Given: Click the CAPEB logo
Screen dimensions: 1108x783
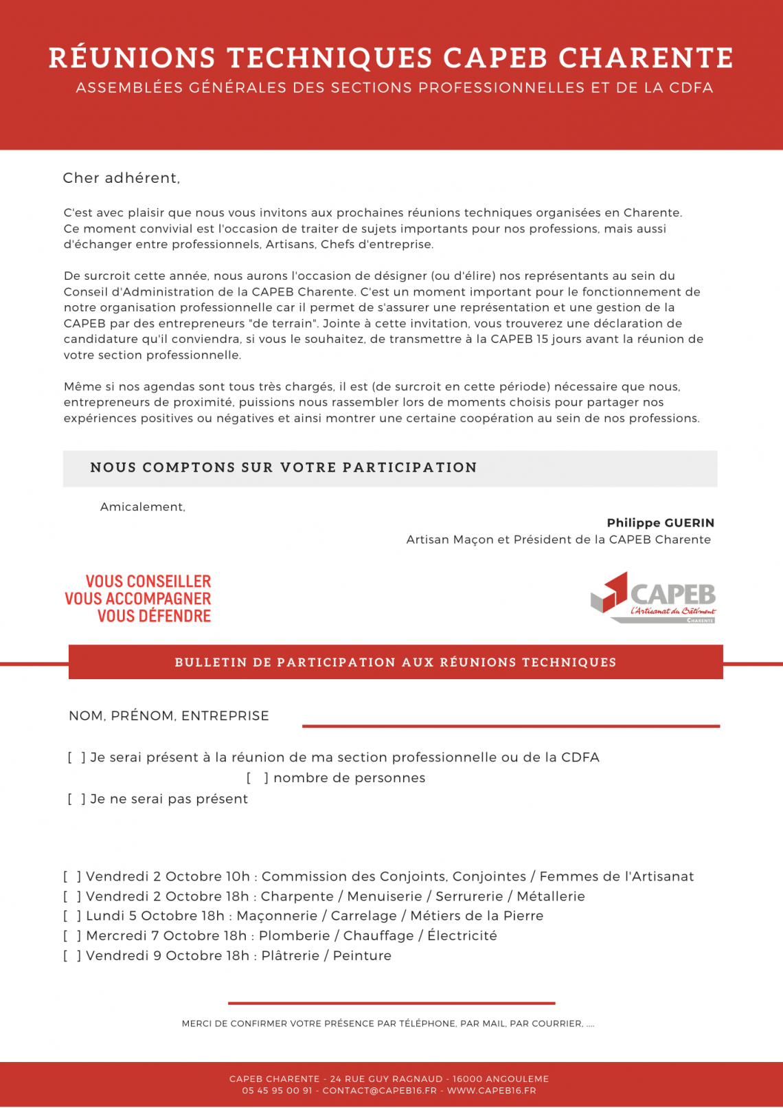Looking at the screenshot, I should pos(653,597).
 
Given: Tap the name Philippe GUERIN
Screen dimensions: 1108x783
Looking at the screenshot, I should pos(660,523).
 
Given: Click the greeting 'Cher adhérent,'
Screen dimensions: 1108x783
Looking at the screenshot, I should pos(122,178).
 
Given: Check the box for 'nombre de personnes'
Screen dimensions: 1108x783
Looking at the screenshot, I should pos(258,778).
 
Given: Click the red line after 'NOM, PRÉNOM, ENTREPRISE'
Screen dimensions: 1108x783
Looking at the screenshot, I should pos(511,726).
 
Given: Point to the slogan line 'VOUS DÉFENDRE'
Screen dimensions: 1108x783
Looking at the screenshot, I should pos(154,617).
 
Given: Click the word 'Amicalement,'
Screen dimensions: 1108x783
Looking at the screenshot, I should pos(143,507).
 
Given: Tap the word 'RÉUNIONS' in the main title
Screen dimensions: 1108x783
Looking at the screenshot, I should pos(133,58).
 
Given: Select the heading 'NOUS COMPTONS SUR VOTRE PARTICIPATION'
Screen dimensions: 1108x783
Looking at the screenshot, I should pos(284,468).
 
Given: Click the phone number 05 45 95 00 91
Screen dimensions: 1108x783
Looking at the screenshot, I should pos(277,1091).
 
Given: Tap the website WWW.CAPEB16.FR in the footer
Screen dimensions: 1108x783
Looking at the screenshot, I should pos(491,1091).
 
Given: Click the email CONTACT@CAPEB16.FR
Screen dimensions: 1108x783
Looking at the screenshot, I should pos(379,1091).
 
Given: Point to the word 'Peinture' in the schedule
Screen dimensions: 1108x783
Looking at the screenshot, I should pos(362,956).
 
